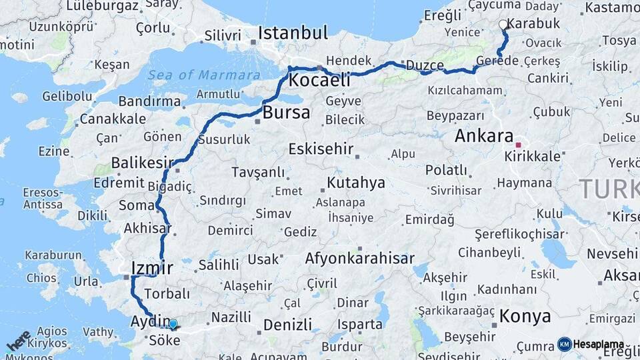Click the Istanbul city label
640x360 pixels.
[x=293, y=33]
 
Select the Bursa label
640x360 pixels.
[x=286, y=113]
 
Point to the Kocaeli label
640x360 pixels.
[x=319, y=81]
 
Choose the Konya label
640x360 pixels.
[x=525, y=315]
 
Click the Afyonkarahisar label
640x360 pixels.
[x=359, y=258]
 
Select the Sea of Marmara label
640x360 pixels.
[x=203, y=75]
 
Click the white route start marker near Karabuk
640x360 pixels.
[x=503, y=25]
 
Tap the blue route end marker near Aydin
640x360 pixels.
[x=173, y=324]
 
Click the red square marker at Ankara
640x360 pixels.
[x=518, y=144]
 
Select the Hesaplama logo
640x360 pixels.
[x=591, y=344]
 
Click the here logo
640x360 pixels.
[x=19, y=341]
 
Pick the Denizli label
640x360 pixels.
[x=287, y=325]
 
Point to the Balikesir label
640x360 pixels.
[x=142, y=163]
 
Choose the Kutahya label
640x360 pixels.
[x=357, y=182]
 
